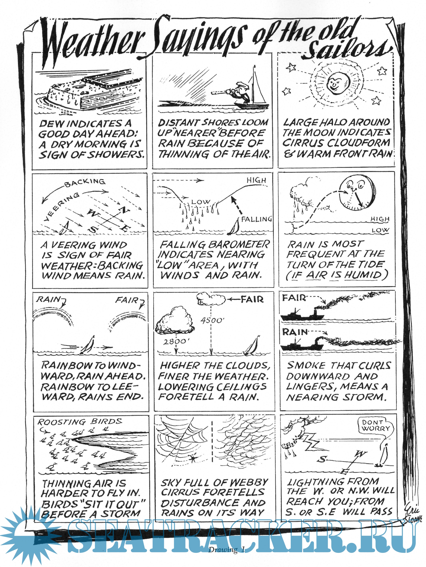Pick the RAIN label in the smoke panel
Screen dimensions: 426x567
295,332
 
